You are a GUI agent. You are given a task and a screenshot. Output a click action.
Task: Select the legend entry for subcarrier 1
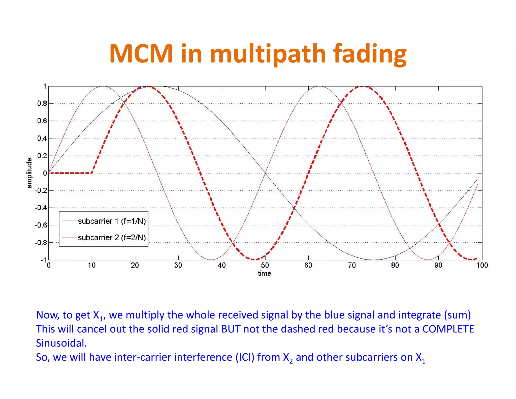[112, 221]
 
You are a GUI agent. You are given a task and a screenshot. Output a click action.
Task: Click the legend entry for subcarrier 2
[112, 238]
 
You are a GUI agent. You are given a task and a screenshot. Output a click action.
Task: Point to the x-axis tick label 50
[265, 265]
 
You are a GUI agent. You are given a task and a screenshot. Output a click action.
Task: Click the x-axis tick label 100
[482, 265]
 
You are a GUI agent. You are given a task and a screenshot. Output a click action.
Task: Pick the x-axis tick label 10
[92, 265]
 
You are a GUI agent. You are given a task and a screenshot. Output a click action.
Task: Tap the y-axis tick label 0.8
[42, 103]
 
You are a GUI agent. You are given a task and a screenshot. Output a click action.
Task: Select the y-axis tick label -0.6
[41, 225]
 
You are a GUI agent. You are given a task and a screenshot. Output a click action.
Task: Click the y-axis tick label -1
[43, 260]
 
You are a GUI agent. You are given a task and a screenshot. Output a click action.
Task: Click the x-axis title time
[265, 274]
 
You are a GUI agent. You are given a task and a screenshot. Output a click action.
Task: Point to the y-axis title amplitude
[29, 173]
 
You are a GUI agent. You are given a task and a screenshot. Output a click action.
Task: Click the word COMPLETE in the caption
[448, 329]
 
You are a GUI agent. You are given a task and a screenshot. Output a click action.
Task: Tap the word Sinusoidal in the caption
[61, 343]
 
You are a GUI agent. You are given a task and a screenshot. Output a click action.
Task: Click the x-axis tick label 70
[352, 265]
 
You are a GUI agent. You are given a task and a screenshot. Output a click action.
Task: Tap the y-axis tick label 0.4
[42, 138]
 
